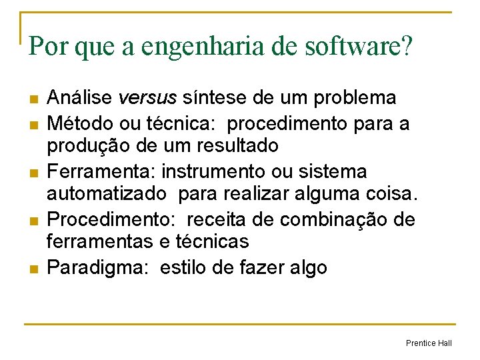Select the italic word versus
tap(147, 98)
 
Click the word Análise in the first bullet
tap(80, 98)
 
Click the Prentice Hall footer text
tap(429, 343)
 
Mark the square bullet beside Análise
tap(32, 99)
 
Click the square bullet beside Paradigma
tap(32, 269)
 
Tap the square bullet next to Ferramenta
tap(32, 173)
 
